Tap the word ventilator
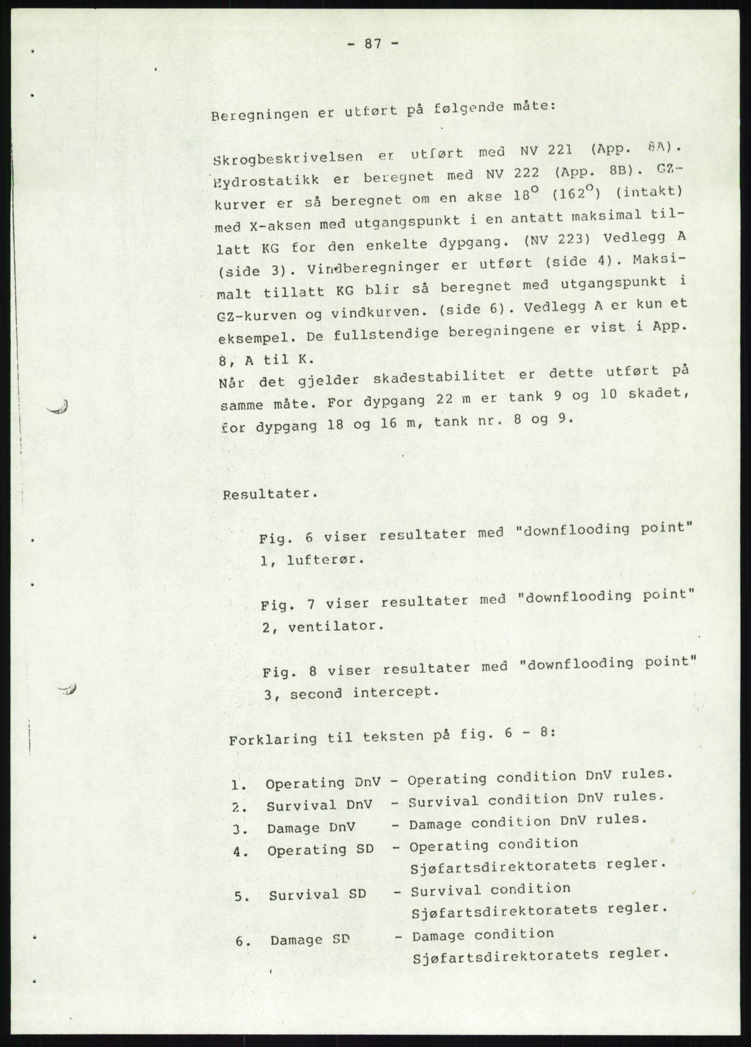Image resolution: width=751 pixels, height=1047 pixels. (x=335, y=626)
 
